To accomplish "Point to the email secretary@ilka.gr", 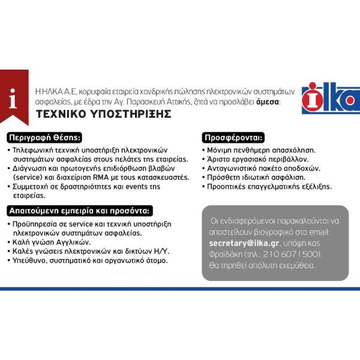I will (244, 244).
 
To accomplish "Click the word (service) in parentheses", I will (23, 178).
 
